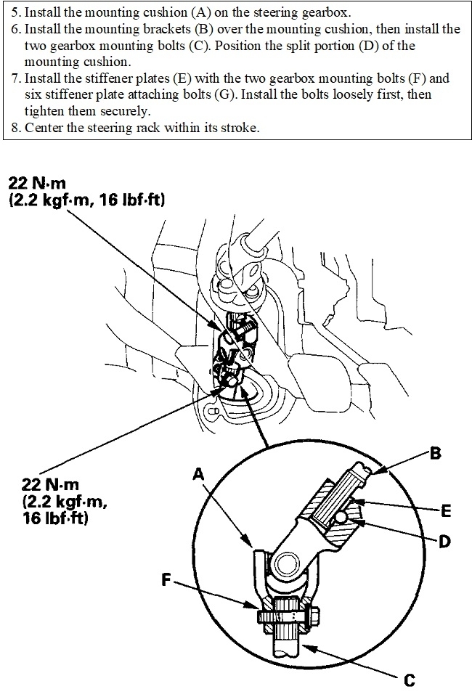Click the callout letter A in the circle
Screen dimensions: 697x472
198,473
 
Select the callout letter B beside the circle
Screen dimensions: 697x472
434,454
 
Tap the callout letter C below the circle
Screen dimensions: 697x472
410,680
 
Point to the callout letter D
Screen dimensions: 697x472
445,540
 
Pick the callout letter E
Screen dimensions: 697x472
445,512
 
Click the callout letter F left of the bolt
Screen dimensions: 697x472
167,580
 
